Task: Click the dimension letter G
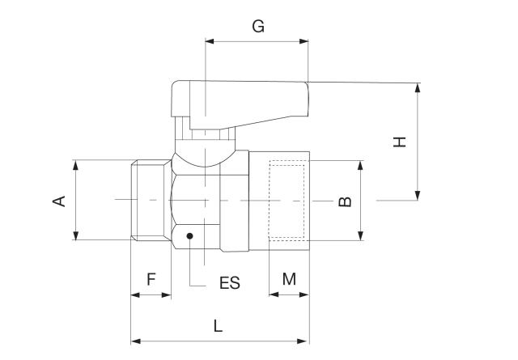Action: pos(258,26)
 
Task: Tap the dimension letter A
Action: pos(59,200)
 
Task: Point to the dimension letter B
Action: pos(345,200)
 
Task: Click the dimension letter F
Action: pos(151,279)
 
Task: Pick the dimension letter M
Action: pos(289,279)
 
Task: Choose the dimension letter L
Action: pos(218,326)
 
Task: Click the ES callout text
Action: pos(230,284)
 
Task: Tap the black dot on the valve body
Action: pos(189,236)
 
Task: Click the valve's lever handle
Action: pos(243,101)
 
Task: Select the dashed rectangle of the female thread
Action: pos(288,200)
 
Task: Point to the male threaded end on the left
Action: pos(150,200)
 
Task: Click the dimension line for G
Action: pos(257,40)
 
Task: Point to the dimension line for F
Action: pos(151,294)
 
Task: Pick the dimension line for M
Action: pos(289,294)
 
